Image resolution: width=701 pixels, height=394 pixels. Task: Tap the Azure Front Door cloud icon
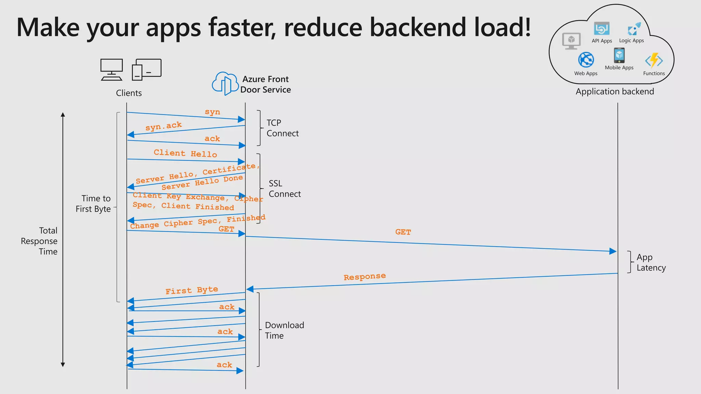[225, 83]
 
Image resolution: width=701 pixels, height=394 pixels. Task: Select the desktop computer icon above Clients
[112, 69]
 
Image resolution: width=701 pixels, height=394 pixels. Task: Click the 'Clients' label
[129, 93]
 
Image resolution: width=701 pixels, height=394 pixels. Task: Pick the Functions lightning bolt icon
[654, 61]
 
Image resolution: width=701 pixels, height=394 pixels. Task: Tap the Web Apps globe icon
[586, 60]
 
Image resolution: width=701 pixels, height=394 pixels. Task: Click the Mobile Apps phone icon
[619, 55]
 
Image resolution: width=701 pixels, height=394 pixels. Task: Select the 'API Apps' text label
[602, 41]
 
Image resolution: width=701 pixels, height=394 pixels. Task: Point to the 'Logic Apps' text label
[632, 41]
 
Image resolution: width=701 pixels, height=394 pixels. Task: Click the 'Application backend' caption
[615, 92]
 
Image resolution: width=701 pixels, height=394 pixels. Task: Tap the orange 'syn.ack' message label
[164, 126]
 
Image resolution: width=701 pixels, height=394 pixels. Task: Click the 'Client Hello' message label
[185, 153]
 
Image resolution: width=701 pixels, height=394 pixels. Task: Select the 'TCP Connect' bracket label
[282, 128]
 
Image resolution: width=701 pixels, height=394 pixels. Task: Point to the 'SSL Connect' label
[284, 188]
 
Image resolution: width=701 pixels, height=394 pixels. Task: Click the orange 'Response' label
[365, 277]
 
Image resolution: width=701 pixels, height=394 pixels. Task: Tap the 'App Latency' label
[651, 262]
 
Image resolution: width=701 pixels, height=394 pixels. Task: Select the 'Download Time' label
[284, 330]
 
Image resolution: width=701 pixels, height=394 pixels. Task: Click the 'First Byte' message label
[192, 290]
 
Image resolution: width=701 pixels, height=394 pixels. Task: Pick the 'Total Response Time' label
[39, 241]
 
